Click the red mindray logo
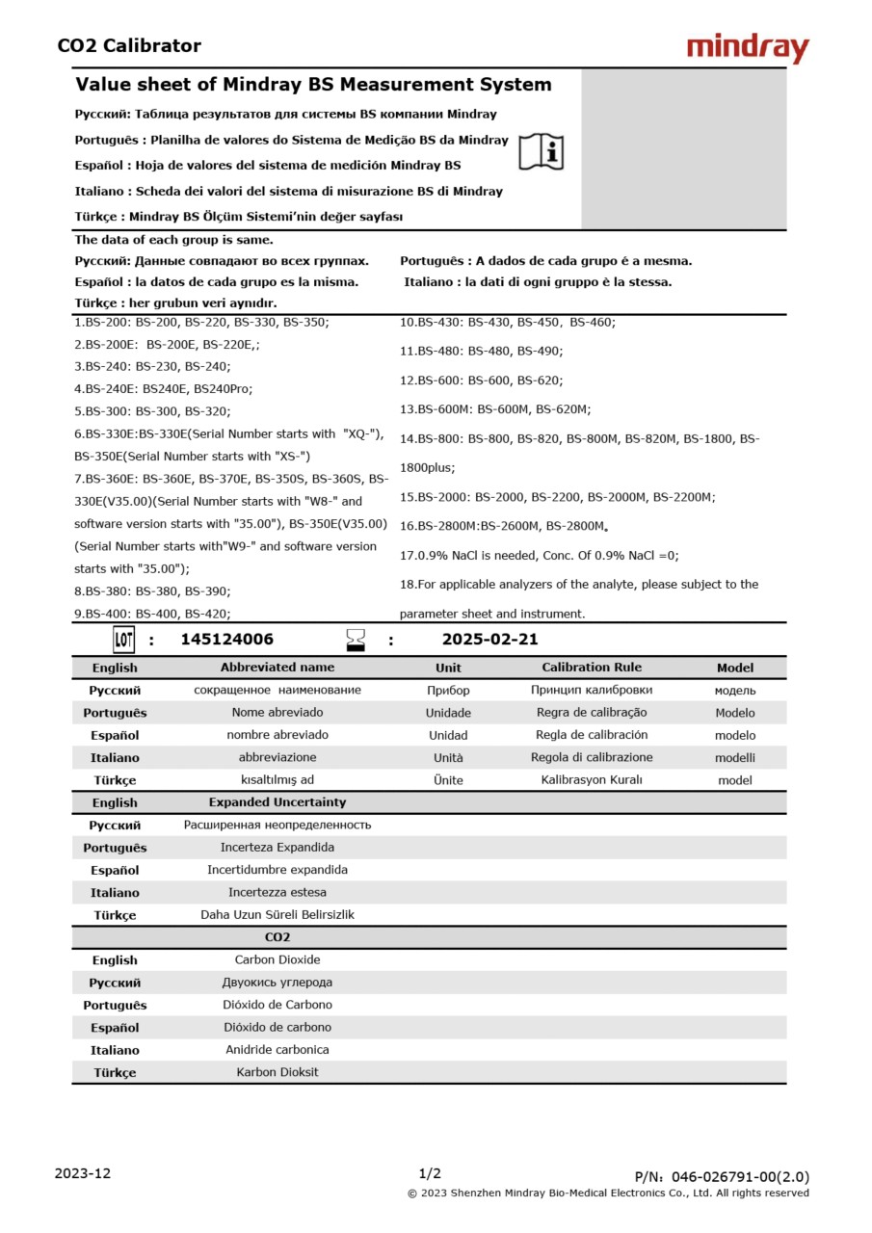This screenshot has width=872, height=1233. (748, 47)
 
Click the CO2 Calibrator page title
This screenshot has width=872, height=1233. (129, 45)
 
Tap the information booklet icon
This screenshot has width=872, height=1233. (542, 151)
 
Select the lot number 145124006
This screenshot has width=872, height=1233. (226, 640)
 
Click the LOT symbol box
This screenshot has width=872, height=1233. (124, 640)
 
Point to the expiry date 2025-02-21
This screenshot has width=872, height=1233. (489, 640)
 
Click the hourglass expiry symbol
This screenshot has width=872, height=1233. (357, 640)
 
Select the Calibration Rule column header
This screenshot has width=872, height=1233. (591, 668)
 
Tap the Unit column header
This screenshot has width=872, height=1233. (448, 668)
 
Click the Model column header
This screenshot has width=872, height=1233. (735, 668)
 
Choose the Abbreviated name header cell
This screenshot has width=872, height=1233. (277, 668)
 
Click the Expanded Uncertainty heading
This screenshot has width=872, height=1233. (277, 802)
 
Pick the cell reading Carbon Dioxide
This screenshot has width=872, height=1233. (277, 960)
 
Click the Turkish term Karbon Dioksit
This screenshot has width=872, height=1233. (277, 1072)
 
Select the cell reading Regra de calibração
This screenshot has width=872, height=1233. (591, 713)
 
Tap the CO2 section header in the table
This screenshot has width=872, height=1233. (277, 937)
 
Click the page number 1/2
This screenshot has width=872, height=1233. (430, 1173)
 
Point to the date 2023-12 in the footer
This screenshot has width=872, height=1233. (82, 1173)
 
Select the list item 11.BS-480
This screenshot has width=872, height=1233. (482, 351)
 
